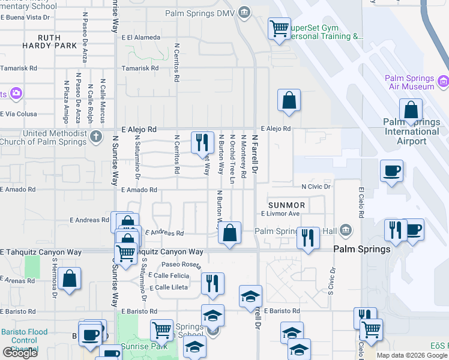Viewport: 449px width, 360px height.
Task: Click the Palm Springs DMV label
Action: tap(200, 13)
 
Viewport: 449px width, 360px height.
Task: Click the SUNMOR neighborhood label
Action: tap(287, 205)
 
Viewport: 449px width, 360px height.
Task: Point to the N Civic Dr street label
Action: tap(316, 187)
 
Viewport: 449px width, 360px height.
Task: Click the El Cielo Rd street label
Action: tap(361, 204)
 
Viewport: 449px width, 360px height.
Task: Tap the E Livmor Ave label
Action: tap(280, 214)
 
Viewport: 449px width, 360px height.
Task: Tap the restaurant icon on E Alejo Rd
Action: tap(202, 143)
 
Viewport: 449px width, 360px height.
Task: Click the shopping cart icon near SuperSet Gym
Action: tap(279, 28)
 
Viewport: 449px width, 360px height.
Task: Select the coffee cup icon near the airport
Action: tap(391, 170)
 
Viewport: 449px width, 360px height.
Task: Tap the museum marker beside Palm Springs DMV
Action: tap(244, 12)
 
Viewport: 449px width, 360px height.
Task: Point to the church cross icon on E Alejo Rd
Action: tap(95, 137)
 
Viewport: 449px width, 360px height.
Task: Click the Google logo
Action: tap(20, 353)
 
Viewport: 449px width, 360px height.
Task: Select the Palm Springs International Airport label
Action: tap(412, 132)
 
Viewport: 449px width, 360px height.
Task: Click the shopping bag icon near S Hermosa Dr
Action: tap(70, 278)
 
